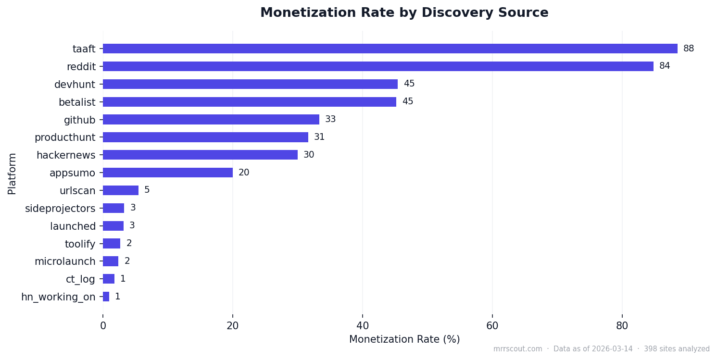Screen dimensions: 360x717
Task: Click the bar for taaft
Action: [390, 49]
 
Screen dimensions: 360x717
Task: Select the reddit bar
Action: [378, 66]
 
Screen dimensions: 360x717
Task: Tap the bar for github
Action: [211, 119]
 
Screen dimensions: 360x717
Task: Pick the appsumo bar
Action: [167, 173]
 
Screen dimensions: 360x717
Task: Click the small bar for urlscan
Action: [120, 190]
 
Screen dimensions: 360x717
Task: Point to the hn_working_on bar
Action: [106, 297]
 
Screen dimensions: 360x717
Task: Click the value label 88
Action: [688, 49]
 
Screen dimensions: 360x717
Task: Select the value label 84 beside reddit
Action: [664, 66]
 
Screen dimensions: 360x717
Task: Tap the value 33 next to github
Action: [330, 119]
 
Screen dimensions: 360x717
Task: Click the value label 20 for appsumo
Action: [243, 173]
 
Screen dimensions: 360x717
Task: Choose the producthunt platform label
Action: [65, 137]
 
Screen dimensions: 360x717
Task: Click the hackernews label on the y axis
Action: [66, 155]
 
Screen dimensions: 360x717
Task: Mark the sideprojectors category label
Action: [60, 208]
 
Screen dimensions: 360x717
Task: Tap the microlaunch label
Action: [65, 261]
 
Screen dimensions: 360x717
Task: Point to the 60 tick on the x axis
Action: [492, 326]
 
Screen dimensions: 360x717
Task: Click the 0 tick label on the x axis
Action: [103, 326]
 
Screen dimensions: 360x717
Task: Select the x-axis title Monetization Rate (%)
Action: [404, 339]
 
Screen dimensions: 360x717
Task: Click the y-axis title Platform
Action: [12, 174]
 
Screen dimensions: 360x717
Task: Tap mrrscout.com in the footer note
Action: [517, 349]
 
